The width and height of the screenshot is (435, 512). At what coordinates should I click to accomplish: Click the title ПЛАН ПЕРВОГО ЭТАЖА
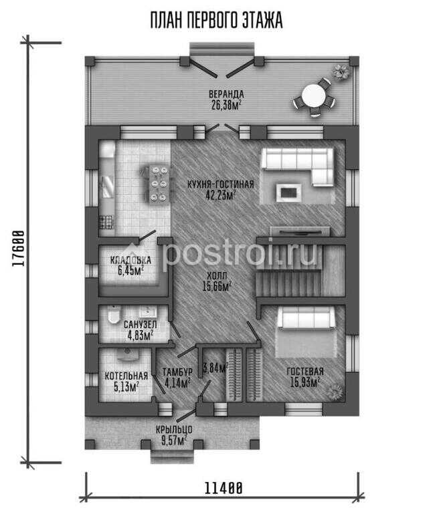click(x=216, y=20)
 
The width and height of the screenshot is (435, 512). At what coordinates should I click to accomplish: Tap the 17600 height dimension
click(x=19, y=248)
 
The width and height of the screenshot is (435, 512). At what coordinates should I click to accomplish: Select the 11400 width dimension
click(x=224, y=489)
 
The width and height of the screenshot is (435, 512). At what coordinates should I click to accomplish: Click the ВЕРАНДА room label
click(x=226, y=94)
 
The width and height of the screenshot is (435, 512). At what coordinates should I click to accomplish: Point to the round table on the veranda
click(x=314, y=96)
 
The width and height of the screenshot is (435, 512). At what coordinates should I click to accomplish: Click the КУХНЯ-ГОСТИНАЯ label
click(x=221, y=184)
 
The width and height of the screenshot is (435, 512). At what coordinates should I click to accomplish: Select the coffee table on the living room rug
click(x=288, y=193)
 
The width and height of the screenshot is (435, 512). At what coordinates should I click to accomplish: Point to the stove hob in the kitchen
click(x=106, y=222)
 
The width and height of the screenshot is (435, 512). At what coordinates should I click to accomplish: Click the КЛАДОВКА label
click(x=130, y=260)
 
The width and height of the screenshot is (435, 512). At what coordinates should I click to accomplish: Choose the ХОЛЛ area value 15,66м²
click(x=217, y=287)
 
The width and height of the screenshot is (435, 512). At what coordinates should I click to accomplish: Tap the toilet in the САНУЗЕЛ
click(x=113, y=315)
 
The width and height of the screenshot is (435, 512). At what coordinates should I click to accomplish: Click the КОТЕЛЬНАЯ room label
click(x=126, y=376)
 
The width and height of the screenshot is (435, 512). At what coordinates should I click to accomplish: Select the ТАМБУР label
click(x=177, y=372)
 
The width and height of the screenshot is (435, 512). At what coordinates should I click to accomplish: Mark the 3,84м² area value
click(x=215, y=368)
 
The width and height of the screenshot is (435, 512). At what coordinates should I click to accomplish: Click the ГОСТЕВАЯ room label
click(x=305, y=371)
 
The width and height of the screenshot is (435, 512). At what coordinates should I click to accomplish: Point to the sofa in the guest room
click(x=306, y=318)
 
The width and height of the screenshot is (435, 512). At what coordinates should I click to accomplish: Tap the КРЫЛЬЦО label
click(x=174, y=429)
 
